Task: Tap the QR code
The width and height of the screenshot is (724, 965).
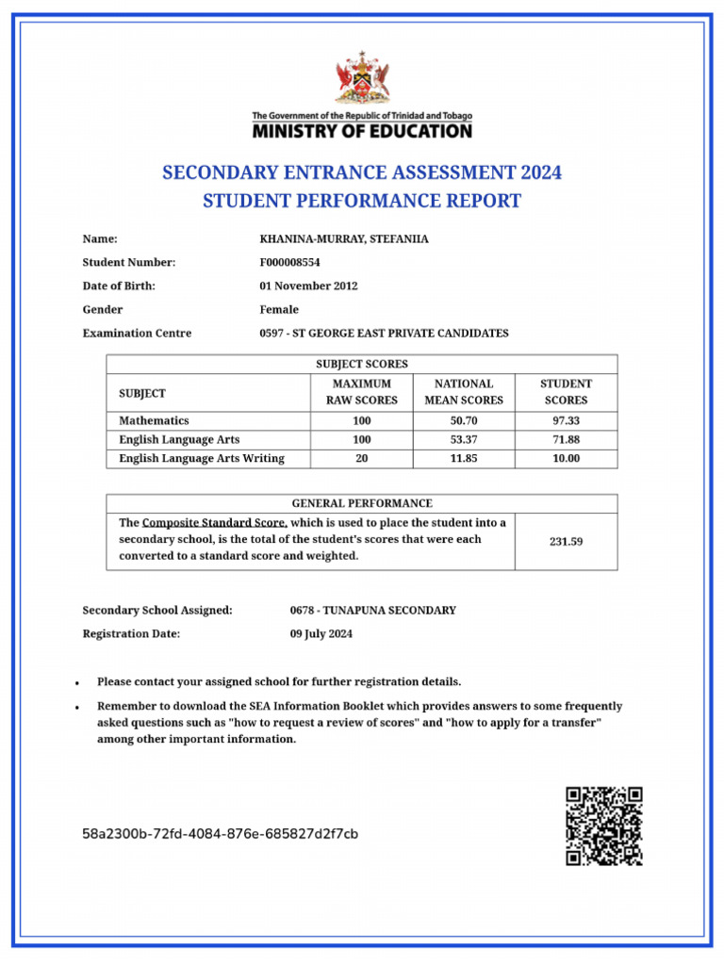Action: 603,826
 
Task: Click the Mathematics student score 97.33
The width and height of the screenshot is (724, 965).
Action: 566,421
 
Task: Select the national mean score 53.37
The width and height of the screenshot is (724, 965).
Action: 464,440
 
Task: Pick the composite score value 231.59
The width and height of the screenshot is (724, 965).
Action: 566,542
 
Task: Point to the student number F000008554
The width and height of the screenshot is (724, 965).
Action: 289,263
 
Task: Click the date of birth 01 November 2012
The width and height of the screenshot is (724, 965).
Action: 308,286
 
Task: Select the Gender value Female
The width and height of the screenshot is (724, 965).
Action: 279,310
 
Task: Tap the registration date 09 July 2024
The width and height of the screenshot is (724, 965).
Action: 321,634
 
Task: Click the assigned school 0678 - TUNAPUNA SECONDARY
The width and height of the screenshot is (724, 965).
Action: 372,611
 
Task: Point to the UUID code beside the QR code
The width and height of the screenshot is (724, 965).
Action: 220,834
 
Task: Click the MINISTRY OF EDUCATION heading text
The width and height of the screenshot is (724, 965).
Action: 362,131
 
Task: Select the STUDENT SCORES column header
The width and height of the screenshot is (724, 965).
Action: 566,392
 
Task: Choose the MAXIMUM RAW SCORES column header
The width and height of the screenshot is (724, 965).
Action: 361,392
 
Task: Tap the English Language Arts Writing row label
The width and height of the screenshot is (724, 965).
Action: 202,459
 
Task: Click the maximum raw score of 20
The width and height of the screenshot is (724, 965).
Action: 361,459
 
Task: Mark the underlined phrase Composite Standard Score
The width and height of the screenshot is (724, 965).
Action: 214,523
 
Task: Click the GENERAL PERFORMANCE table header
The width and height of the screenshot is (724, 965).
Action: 362,503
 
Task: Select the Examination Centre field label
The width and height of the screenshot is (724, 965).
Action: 137,334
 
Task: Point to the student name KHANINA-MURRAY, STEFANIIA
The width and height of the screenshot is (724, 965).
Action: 343,239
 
